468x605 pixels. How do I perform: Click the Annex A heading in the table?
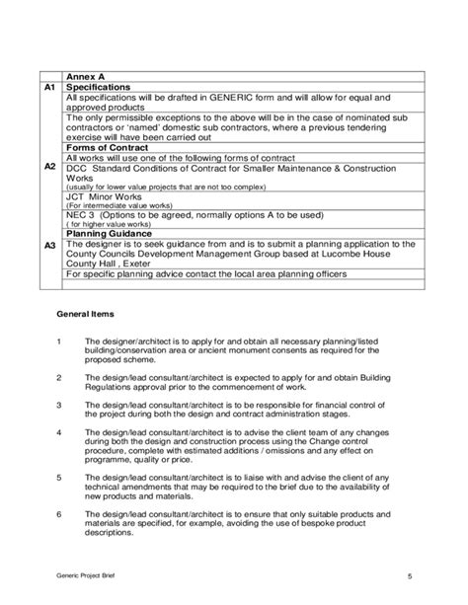(x=87, y=76)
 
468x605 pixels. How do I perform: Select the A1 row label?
(x=49, y=87)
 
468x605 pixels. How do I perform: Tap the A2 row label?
(x=49, y=168)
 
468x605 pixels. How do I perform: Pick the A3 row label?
(x=49, y=246)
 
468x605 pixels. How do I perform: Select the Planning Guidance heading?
(x=113, y=234)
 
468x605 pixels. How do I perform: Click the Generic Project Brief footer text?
(x=85, y=574)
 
